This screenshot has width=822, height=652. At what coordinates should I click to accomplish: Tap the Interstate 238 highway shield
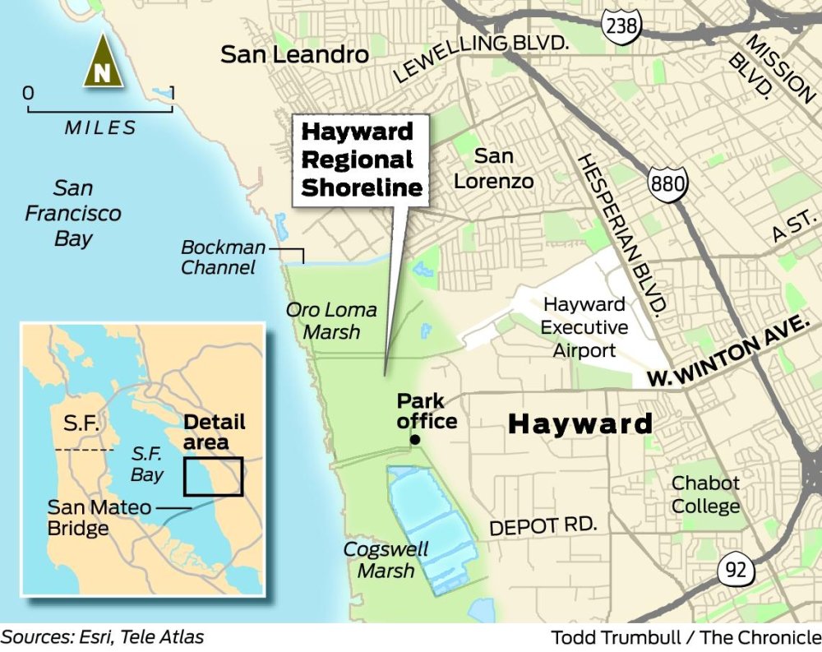coord(621,25)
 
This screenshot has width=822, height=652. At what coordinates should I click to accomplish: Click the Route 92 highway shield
coord(733,568)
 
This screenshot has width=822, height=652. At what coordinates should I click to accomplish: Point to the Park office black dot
coord(415,441)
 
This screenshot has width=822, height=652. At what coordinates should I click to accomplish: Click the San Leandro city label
coord(294,55)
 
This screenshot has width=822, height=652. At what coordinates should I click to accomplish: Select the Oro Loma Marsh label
coord(331,321)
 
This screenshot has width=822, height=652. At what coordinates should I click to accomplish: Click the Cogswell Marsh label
coord(386,559)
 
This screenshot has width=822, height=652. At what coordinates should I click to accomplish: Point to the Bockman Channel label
coord(224,257)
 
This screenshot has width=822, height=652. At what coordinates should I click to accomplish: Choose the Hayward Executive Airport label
coord(584,327)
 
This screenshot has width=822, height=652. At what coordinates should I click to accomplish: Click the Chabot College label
coord(705,494)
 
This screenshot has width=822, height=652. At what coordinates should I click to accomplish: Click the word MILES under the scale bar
coord(101,128)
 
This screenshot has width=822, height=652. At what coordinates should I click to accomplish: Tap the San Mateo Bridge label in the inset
coord(99,517)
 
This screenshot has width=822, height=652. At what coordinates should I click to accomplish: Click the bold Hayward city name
coord(580,424)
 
